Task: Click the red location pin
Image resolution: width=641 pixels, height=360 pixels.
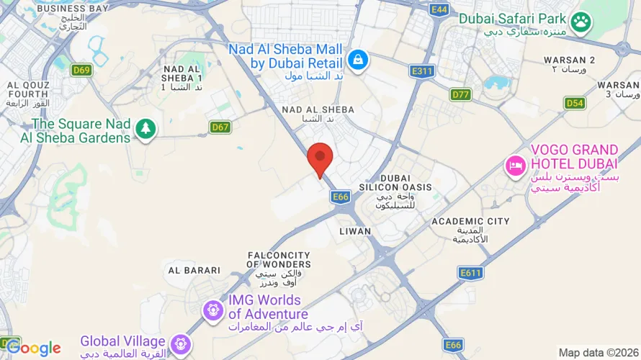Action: pyautogui.click(x=320, y=158)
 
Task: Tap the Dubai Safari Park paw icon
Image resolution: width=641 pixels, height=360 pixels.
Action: pyautogui.click(x=581, y=24)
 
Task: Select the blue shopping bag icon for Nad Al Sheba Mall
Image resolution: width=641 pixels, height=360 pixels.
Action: pyautogui.click(x=358, y=59)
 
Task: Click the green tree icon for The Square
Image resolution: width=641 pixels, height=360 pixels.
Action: pyautogui.click(x=146, y=130)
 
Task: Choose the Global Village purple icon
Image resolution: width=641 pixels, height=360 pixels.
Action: pyautogui.click(x=181, y=343)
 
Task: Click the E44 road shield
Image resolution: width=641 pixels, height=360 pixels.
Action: pyautogui.click(x=439, y=9)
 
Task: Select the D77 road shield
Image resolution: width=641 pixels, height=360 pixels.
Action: pyautogui.click(x=461, y=94)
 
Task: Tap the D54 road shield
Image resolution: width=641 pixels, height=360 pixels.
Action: pyautogui.click(x=574, y=103)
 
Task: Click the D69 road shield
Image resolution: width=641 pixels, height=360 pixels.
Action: pyautogui.click(x=81, y=70)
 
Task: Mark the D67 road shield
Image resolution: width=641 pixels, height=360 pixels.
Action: pyautogui.click(x=220, y=127)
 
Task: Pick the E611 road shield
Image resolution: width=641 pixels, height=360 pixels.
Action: pyautogui.click(x=470, y=272)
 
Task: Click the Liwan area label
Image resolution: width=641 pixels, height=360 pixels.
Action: pyautogui.click(x=355, y=231)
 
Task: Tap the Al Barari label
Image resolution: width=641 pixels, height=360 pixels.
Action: pyautogui.click(x=194, y=270)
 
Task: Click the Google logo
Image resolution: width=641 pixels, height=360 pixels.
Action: pyautogui.click(x=33, y=348)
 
